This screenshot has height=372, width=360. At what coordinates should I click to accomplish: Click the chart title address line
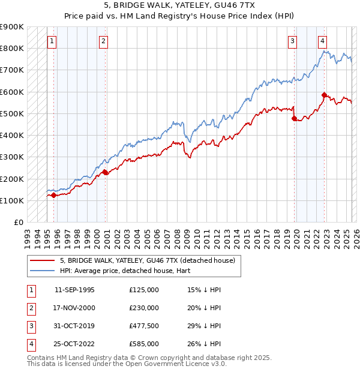click(179, 7)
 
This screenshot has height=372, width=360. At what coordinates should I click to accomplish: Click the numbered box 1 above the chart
click(52, 41)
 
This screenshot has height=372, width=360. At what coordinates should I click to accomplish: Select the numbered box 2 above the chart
click(104, 41)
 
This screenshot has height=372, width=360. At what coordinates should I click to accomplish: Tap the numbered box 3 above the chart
click(292, 41)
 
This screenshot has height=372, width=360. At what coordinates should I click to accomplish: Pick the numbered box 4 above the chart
click(322, 41)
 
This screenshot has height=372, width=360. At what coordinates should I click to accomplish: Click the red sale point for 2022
click(324, 95)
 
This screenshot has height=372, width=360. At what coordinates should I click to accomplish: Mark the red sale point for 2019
click(295, 118)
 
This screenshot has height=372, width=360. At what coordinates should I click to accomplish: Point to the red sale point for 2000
click(105, 172)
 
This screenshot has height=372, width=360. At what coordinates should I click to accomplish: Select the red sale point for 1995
click(53, 195)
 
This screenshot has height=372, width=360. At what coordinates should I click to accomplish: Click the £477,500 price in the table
click(144, 326)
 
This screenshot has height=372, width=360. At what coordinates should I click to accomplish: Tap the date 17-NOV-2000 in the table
click(74, 308)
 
